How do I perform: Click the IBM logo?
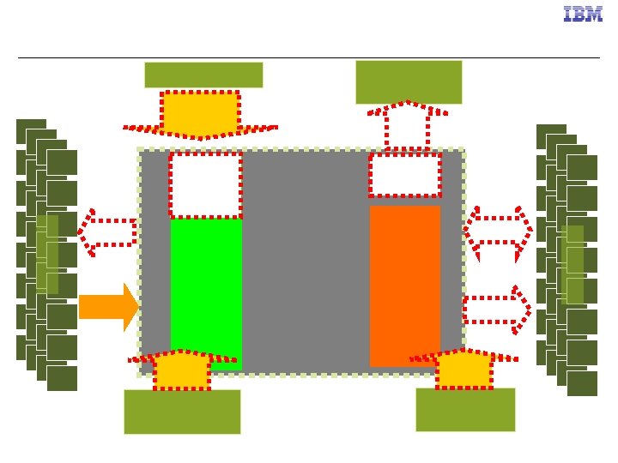click(x=583, y=15)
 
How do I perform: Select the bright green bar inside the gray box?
click(x=206, y=292)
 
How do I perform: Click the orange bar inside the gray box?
click(x=404, y=286)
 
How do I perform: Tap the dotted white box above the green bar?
click(x=205, y=185)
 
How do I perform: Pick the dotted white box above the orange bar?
click(x=404, y=175)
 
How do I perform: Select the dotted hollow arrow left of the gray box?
click(x=107, y=231)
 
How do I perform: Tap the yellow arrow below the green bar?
click(x=182, y=370)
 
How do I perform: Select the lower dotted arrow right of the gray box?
click(x=496, y=310)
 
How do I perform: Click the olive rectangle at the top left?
click(x=203, y=75)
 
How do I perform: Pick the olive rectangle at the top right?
click(x=409, y=81)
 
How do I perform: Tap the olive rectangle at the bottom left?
click(x=182, y=412)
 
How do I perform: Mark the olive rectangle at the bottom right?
click(x=465, y=410)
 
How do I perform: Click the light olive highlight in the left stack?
click(x=48, y=254)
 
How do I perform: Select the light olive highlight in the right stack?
click(x=573, y=264)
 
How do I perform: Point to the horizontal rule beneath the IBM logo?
click(x=309, y=57)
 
